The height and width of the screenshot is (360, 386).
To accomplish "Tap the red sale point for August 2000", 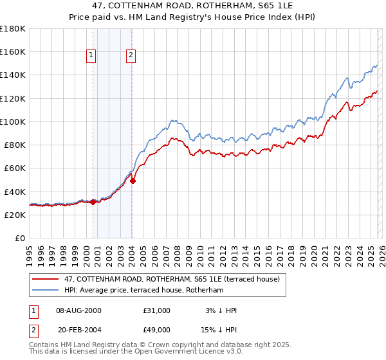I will (93, 202).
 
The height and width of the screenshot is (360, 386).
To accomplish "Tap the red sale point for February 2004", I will (133, 181).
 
